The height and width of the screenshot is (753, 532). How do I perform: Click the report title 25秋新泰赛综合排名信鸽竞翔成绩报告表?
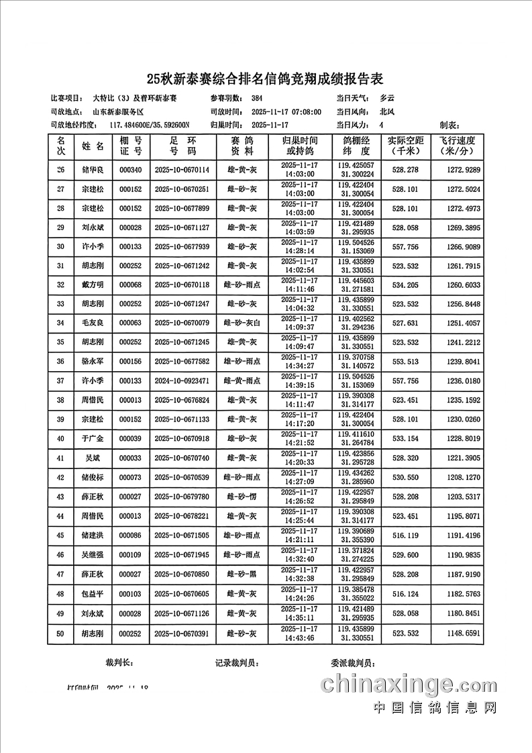pyautogui.click(x=266, y=79)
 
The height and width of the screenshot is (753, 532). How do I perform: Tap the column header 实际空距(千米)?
pyautogui.click(x=405, y=146)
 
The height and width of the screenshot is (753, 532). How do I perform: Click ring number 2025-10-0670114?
pyautogui.click(x=182, y=170)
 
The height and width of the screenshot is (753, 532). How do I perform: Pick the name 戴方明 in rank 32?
pyautogui.click(x=93, y=285)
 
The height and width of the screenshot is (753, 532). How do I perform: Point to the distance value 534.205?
pyautogui.click(x=405, y=285)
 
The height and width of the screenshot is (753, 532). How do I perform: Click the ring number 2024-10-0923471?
pyautogui.click(x=182, y=381)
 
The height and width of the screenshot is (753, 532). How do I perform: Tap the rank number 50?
pyautogui.click(x=61, y=634)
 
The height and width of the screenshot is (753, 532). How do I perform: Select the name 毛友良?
pyautogui.click(x=93, y=323)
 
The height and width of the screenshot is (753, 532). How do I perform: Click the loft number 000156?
pyautogui.click(x=130, y=362)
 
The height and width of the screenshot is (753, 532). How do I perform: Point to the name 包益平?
pyautogui.click(x=93, y=595)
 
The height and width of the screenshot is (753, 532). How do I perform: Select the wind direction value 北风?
pyautogui.click(x=387, y=112)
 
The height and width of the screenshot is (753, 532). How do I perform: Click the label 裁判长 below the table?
pyautogui.click(x=119, y=662)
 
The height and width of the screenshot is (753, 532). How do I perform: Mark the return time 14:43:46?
pyautogui.click(x=300, y=638)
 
